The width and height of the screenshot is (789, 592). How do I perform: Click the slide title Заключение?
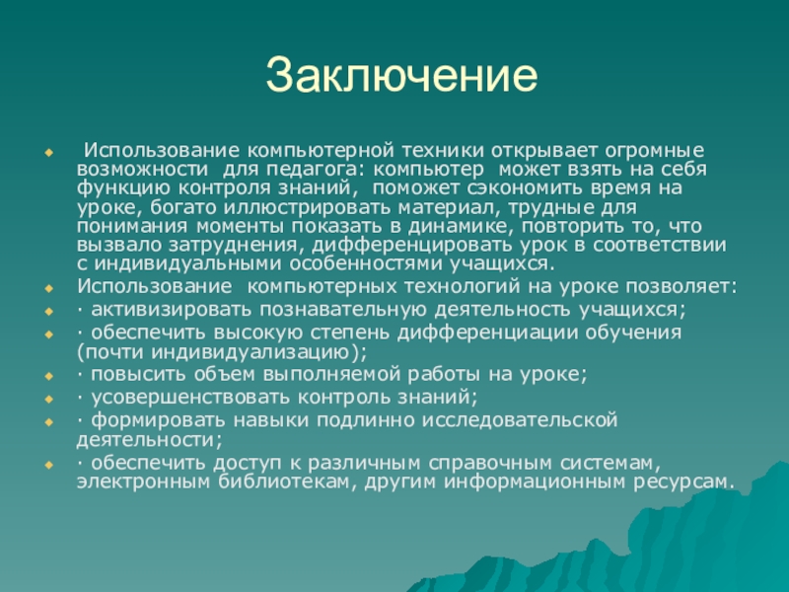pyautogui.click(x=402, y=75)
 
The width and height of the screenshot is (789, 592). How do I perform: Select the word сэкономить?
pyautogui.click(x=524, y=187)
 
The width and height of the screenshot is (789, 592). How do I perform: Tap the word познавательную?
pyautogui.click(x=343, y=310)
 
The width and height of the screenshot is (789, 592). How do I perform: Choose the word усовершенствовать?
pyautogui.click(x=190, y=398)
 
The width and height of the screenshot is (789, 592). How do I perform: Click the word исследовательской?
pyautogui.click(x=520, y=420)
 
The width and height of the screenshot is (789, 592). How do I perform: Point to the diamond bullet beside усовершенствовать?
pyautogui.click(x=48, y=400)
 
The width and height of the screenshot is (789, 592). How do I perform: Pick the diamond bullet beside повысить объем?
pyautogui.click(x=48, y=376)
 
